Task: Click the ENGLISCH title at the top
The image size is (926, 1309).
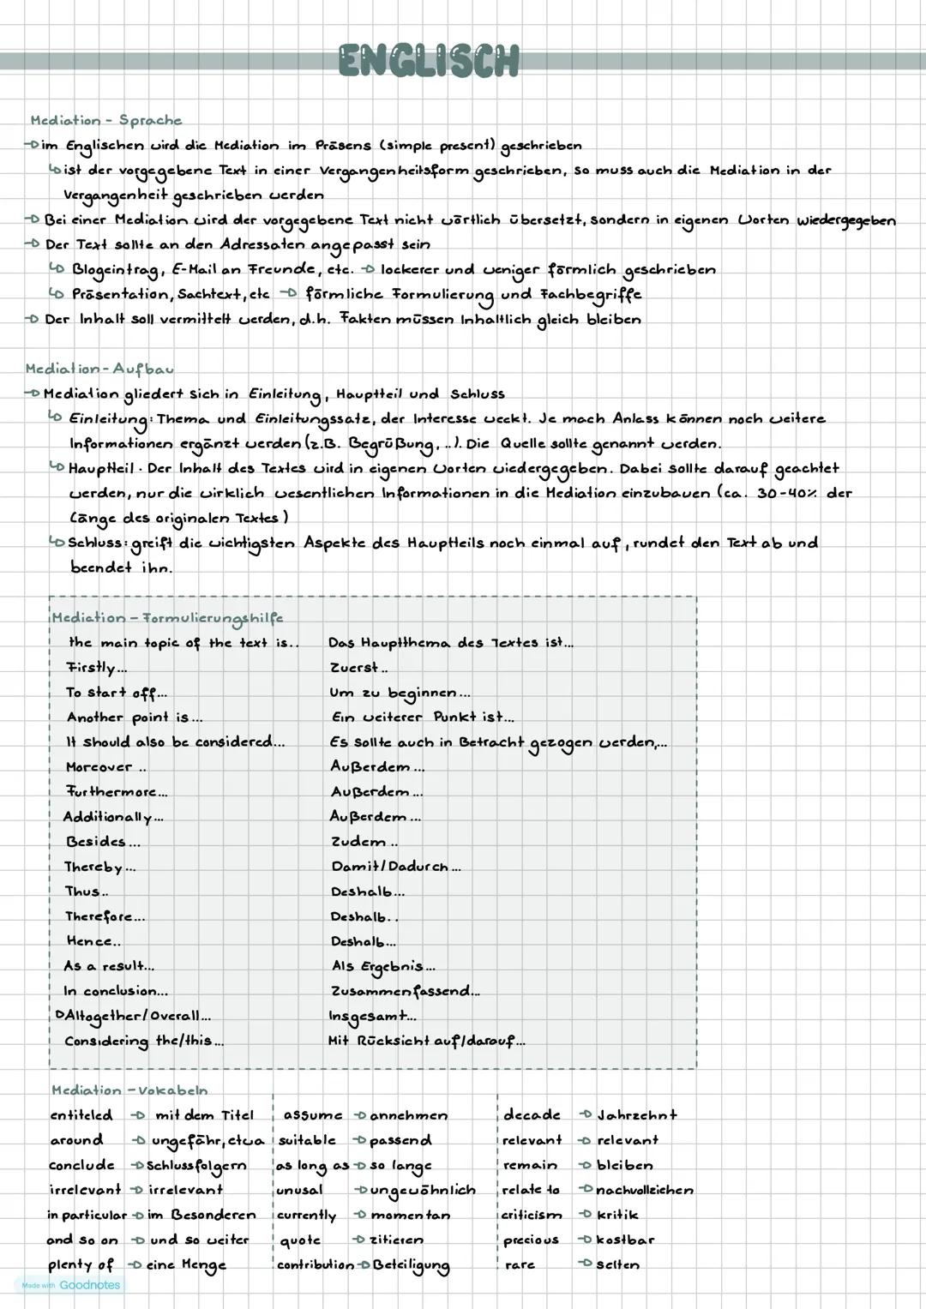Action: pos(429,61)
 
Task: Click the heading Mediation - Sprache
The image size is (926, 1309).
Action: pos(106,120)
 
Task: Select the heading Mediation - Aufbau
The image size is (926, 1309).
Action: pos(99,369)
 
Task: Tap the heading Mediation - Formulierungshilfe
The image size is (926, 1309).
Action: pos(167,617)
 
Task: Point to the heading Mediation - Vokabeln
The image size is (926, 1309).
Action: pos(129,1090)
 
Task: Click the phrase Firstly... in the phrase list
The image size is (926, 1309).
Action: pos(97,667)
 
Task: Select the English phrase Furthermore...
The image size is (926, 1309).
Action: pos(117,792)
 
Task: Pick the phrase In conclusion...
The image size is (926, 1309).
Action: pos(116,991)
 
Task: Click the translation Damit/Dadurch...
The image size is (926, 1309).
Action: pos(395,867)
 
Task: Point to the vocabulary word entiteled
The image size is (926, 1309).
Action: pos(81,1115)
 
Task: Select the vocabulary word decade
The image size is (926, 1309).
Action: pos(532,1115)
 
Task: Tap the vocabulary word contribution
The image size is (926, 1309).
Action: pos(315,1264)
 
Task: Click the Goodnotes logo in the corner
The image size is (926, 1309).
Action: pos(69,1285)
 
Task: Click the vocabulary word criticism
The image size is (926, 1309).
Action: pos(532,1215)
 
